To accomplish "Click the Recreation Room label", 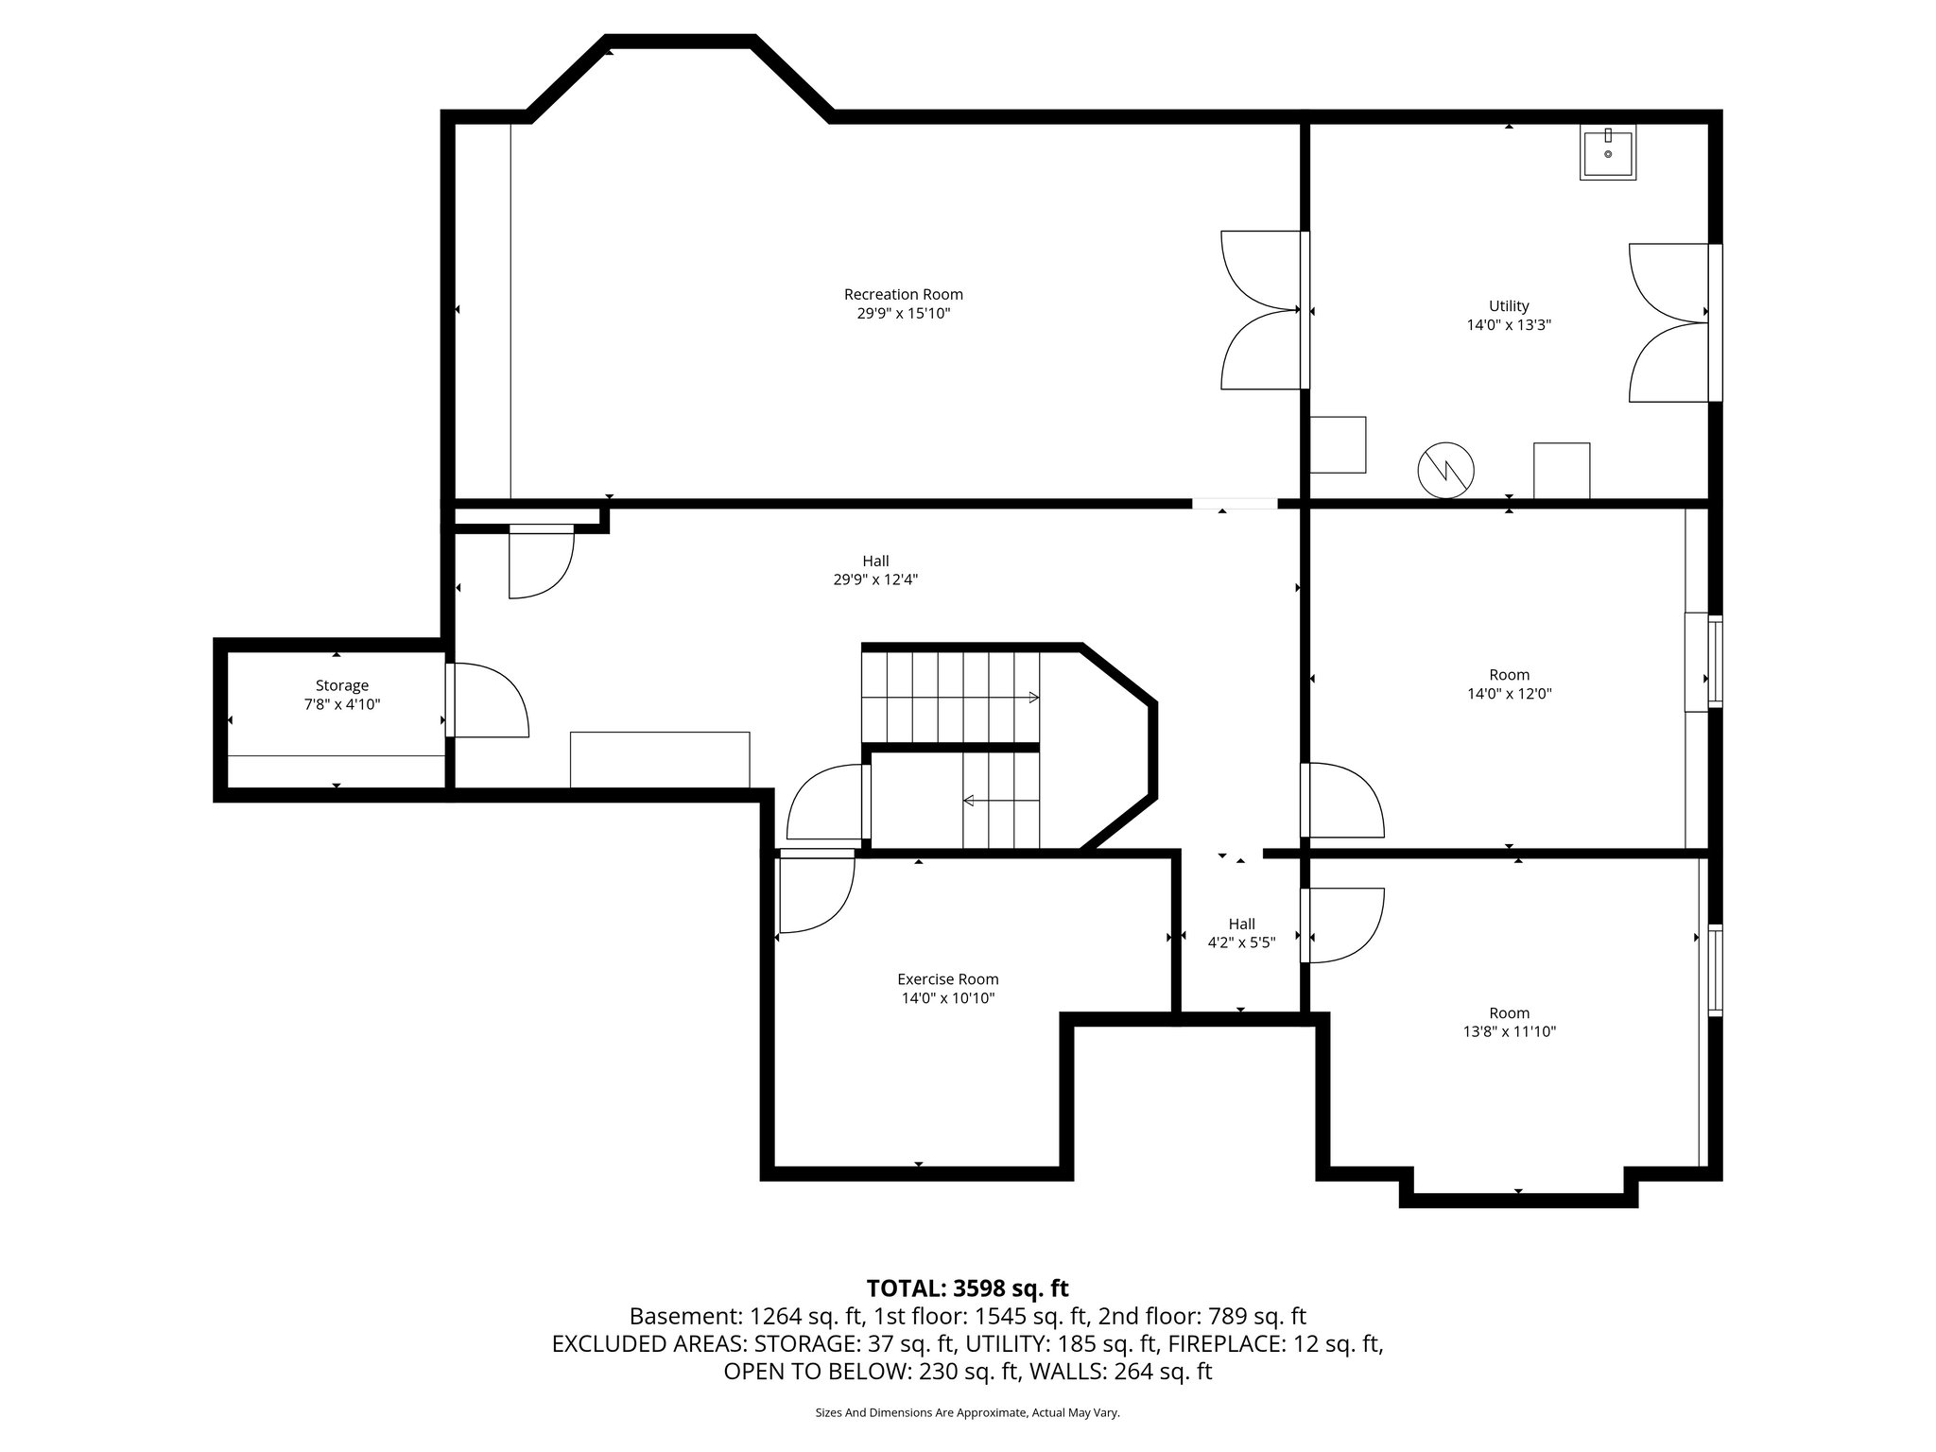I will click(903, 294).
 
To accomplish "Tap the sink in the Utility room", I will click(1608, 153).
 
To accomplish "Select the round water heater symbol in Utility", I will click(1445, 470).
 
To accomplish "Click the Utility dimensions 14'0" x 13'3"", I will click(1509, 324).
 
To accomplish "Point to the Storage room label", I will click(342, 685).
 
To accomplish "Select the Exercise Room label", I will click(947, 979).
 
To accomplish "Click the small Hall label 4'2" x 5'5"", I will click(1241, 942).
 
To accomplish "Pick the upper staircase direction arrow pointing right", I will click(1033, 698).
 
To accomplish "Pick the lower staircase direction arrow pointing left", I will click(970, 801).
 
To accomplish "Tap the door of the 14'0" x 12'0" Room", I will click(1342, 800).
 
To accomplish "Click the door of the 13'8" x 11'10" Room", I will click(1342, 925).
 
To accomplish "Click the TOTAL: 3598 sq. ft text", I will click(967, 1288).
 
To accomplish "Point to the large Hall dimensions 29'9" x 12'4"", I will click(875, 579).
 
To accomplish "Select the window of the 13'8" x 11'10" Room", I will click(1715, 973).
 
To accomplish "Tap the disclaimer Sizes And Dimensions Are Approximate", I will click(967, 1413).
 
